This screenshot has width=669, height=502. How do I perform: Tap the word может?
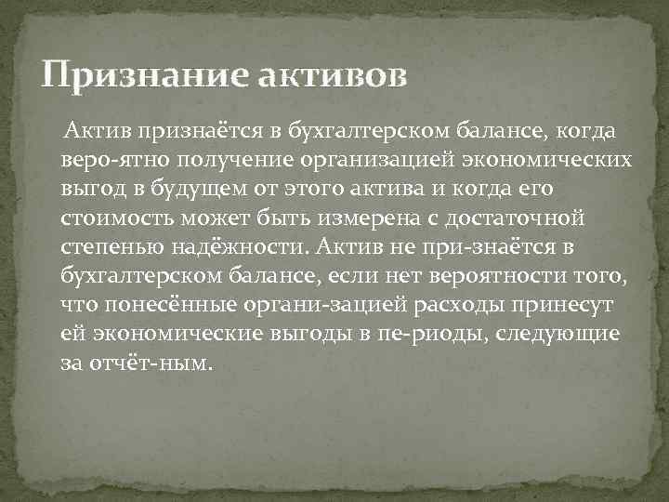click(x=210, y=219)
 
